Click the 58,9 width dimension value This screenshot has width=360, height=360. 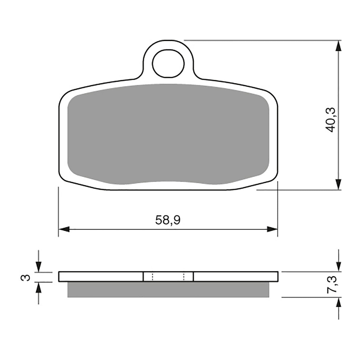168,220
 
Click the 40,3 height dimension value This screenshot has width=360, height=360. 330,120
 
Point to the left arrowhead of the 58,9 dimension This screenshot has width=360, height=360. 64,229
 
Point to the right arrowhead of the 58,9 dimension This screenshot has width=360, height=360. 272,229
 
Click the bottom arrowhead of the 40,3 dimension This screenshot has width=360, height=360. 338,184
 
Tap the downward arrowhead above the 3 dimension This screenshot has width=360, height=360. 39,267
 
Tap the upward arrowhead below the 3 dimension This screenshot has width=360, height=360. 39,287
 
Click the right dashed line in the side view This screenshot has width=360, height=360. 184,276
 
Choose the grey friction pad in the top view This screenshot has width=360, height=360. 168,133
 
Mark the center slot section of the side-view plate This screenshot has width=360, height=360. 168,276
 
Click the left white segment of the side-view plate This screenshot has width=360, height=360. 101,276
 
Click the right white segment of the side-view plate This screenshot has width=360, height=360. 236,276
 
